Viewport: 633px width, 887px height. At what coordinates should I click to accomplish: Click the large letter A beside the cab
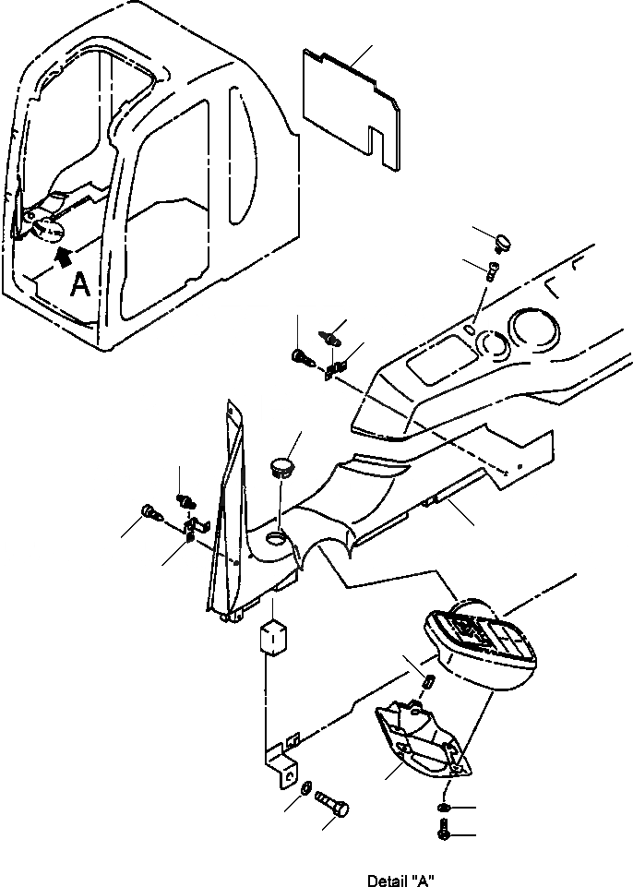80,286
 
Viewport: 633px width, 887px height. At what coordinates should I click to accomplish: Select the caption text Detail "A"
400,880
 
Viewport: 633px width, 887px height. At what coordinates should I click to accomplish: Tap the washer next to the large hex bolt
305,786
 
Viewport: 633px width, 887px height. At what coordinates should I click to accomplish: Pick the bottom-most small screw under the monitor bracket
443,833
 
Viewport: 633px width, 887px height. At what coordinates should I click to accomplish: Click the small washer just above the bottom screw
443,809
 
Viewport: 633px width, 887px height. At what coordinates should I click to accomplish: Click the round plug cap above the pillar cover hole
281,464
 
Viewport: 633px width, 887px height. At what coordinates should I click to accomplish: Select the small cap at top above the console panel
504,242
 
